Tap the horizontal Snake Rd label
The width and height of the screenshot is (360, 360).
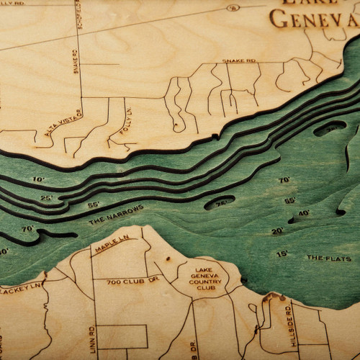click(x=239, y=62)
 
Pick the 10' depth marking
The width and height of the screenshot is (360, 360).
click(x=38, y=179)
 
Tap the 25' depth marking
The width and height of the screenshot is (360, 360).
click(x=47, y=197)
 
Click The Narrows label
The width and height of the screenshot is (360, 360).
click(x=115, y=215)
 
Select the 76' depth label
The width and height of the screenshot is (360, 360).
click(x=220, y=204)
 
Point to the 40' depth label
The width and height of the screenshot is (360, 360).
click(x=304, y=213)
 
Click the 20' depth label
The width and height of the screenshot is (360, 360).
click(x=277, y=231)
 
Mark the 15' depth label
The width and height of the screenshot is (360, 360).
click(x=282, y=253)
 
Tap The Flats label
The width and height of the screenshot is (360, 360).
click(x=329, y=258)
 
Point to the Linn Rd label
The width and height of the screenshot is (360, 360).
click(x=92, y=339)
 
